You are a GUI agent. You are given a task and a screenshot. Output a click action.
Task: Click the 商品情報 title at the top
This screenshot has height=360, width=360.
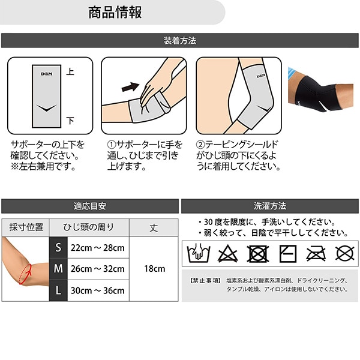[x=115, y=13]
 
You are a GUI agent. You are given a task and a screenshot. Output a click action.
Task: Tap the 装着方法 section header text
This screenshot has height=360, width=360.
[x=180, y=41]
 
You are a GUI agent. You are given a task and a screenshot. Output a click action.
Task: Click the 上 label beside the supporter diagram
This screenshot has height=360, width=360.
[x=70, y=71]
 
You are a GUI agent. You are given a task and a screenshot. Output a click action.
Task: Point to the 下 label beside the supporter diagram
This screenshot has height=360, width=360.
[x=70, y=121]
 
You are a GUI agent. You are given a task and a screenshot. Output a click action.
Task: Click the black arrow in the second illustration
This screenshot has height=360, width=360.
[x=130, y=87]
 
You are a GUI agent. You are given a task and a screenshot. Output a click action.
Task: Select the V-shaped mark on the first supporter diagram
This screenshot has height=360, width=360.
[x=47, y=108]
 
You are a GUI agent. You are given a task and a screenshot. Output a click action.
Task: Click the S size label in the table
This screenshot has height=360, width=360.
[x=58, y=247]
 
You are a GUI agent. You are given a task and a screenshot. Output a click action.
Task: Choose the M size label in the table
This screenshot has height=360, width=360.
[x=58, y=269]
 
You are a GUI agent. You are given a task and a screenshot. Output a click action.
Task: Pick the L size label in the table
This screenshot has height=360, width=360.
[x=58, y=290]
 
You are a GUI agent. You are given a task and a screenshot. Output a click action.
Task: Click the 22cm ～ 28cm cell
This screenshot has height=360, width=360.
[x=98, y=248]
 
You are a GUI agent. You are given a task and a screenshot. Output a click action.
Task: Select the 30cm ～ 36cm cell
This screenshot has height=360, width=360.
[x=98, y=290]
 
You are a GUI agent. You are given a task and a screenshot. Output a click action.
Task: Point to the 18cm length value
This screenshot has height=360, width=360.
[x=155, y=269]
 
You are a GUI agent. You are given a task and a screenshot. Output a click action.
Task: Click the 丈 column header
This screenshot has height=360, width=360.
[x=154, y=228]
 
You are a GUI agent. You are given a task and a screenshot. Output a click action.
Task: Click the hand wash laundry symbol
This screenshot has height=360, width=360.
[x=199, y=253]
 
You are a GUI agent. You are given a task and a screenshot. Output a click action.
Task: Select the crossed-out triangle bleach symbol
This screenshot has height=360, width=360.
[x=227, y=254]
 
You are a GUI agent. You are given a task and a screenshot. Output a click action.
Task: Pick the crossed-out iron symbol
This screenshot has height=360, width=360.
[x=316, y=254]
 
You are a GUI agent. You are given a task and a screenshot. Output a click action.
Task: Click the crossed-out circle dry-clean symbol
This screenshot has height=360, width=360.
[x=344, y=254]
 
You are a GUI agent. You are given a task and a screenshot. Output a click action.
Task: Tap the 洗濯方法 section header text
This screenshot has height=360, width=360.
[x=270, y=206]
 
